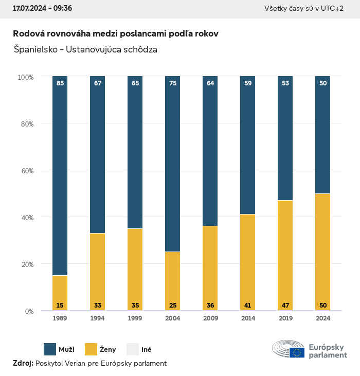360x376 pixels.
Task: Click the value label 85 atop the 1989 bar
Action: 60,83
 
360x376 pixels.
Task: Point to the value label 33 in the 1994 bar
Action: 98,306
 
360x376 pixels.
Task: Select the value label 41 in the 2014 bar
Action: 247,306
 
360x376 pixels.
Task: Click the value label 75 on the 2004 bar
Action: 173,83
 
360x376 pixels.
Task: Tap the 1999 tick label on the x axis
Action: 135,318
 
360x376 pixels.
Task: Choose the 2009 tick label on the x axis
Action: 210,318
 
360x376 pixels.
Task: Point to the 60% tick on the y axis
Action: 26,170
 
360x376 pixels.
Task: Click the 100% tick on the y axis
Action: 25,77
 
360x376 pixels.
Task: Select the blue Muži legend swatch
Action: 50,349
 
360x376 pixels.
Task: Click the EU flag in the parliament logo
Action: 297,352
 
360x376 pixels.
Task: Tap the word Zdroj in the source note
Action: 23,363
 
